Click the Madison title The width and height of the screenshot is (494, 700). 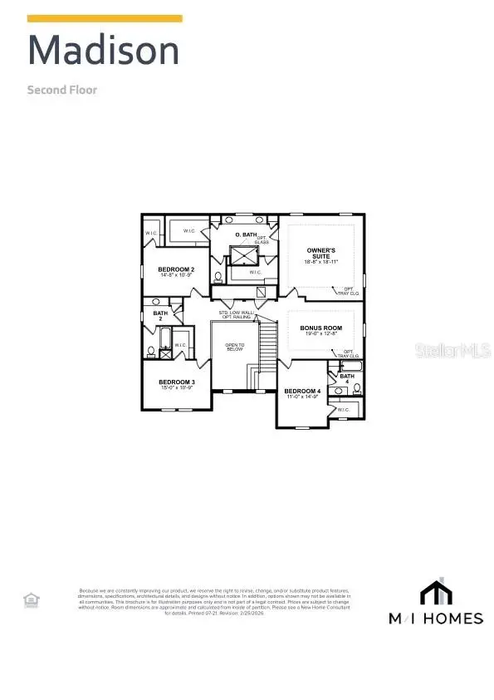(103, 52)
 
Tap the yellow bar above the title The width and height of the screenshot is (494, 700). (105, 17)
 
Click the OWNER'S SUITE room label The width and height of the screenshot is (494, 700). (320, 253)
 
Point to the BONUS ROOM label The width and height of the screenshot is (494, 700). (320, 328)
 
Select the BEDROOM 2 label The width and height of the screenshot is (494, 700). (176, 269)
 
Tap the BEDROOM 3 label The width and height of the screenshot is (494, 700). (176, 382)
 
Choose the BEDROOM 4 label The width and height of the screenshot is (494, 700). (301, 391)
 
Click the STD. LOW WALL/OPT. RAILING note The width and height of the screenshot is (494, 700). (235, 315)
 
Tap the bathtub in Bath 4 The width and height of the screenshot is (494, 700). (350, 366)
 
